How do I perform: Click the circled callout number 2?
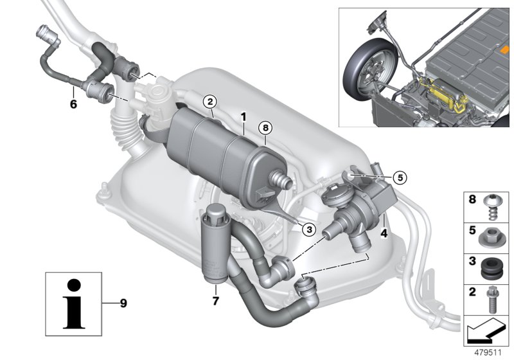210,102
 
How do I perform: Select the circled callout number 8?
265,128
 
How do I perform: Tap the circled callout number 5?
400,177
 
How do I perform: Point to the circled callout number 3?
309,230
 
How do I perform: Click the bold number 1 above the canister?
244,116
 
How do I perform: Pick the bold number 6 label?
73,104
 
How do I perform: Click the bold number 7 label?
215,301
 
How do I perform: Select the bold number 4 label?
384,233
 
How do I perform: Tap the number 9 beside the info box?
123,303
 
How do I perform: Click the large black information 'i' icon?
74,303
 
